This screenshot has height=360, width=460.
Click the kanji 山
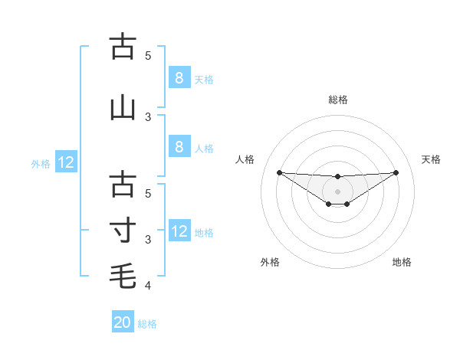pos(123,107)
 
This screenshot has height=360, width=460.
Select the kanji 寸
pos(123,230)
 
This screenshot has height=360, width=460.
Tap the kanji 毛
pos(123,276)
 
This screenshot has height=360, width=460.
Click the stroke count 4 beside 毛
pos(148,286)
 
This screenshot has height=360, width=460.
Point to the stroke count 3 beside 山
pos(148,116)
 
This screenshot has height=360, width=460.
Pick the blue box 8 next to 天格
pos(179,77)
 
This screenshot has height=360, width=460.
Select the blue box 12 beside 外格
pos(65,162)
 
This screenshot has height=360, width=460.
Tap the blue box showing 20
pos(123,322)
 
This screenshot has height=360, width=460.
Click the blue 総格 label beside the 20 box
pos(147,324)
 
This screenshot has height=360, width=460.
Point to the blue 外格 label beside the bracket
pos(41,164)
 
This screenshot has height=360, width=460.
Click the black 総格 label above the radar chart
pos(337,100)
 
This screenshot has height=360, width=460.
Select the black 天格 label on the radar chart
pos(431,159)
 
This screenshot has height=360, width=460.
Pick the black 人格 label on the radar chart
pos(245,159)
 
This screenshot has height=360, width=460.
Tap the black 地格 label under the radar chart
pos(402,262)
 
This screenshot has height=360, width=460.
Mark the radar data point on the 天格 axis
pos(396,172)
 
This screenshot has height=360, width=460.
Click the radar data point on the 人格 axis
pos(279,172)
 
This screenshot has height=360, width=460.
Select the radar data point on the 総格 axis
pos(337,177)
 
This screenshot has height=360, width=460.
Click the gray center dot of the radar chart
pos(337,191)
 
